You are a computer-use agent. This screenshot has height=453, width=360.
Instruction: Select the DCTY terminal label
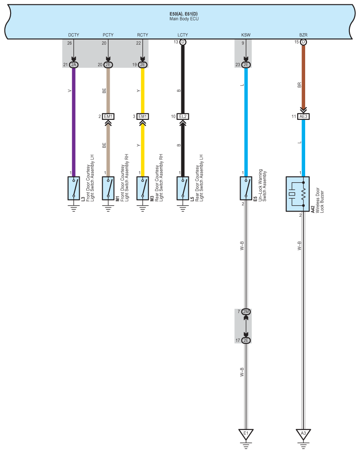pos(74,35)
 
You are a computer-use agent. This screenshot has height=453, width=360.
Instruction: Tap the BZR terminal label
pos(303,35)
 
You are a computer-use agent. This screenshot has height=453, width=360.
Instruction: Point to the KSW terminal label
pos(245,35)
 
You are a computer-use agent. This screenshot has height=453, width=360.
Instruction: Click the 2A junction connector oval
pos(74,65)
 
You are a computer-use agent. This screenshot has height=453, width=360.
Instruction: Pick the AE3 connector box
pos(303,116)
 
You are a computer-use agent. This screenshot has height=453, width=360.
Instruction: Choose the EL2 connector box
pos(182,116)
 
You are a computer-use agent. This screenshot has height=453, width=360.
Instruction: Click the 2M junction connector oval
pos(246,312)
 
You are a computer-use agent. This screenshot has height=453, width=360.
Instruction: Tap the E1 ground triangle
pos(246,433)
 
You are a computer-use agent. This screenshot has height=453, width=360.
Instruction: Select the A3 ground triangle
pos(303,433)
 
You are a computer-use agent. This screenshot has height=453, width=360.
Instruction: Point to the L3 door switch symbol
pos(74,188)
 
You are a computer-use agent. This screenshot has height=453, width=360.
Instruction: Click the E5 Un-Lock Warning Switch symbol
pos(246,188)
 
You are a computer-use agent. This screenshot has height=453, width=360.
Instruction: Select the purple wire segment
pos(74,119)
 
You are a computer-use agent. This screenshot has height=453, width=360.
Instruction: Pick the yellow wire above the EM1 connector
pos(142,91)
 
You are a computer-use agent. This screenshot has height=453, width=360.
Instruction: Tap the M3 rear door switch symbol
pos(142,188)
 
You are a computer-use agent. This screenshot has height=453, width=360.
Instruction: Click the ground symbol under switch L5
pos(182,207)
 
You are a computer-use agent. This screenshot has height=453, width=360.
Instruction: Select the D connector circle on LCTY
pos(182,42)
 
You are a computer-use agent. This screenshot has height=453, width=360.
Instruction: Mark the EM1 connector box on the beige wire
pos(108,116)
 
